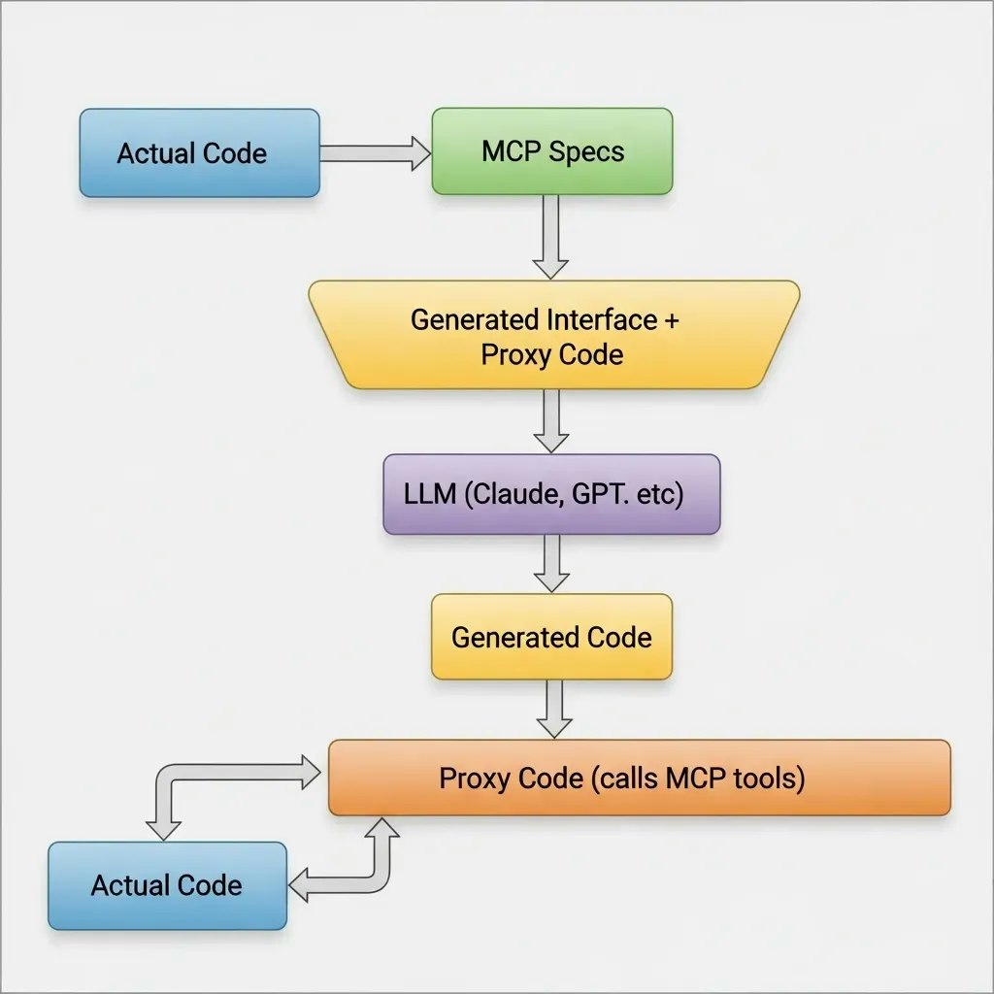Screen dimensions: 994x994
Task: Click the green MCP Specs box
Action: (x=551, y=151)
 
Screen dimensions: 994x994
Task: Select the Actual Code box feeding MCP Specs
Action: (x=199, y=152)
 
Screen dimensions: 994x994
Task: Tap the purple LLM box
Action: (x=551, y=494)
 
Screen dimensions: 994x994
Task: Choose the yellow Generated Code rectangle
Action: (x=551, y=637)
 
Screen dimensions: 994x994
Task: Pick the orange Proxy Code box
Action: (x=639, y=778)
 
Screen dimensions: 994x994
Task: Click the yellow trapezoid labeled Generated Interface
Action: (x=551, y=335)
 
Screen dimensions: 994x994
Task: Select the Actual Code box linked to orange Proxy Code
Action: (x=167, y=884)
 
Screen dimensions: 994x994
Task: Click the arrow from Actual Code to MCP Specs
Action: (x=375, y=152)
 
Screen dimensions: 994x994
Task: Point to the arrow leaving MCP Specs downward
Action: (x=551, y=237)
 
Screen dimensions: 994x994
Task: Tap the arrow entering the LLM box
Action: (x=551, y=420)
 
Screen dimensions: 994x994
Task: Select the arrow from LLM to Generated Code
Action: (x=551, y=563)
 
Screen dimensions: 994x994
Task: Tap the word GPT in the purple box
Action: (x=596, y=494)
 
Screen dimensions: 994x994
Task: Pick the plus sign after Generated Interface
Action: (x=671, y=319)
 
